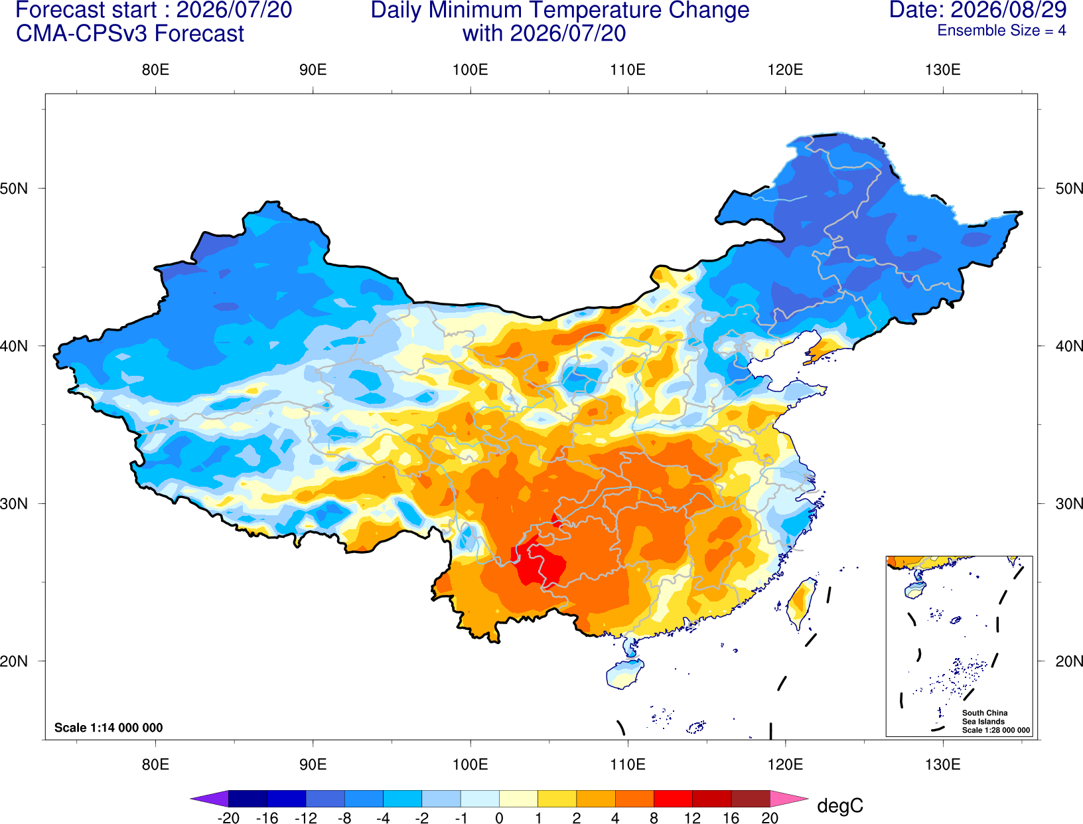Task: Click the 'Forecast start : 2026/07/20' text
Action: (154, 10)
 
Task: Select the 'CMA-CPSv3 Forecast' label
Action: (130, 34)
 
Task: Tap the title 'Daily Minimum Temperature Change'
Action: (559, 11)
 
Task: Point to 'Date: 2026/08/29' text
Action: (978, 10)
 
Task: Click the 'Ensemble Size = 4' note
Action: (1001, 31)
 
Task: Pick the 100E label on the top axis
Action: (470, 70)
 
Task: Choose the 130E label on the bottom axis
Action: (942, 765)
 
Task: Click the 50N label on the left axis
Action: (14, 188)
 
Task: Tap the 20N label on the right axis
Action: (1069, 661)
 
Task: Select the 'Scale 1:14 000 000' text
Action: (109, 727)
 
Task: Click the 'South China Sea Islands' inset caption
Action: (985, 717)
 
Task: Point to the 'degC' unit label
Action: (839, 805)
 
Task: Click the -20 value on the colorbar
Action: (228, 818)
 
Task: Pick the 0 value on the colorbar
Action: (499, 818)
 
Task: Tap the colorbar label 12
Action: (692, 818)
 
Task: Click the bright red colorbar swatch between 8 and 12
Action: (673, 798)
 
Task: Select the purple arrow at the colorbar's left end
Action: (210, 798)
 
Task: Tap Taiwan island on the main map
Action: (800, 604)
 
